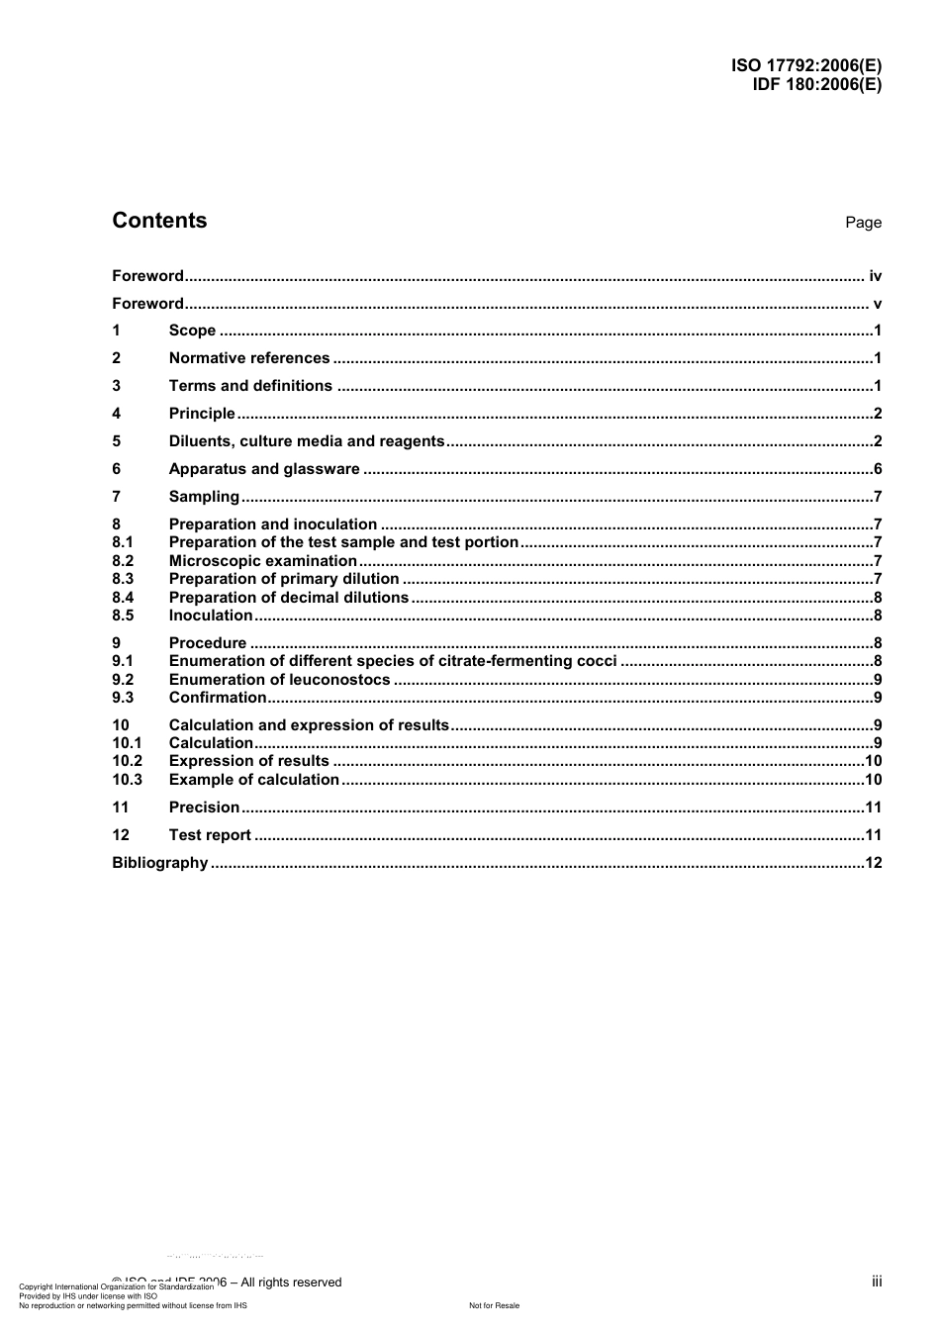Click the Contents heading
pos(159,221)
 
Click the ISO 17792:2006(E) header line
pos(806,66)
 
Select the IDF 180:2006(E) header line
pos(816,84)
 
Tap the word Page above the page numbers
pos(863,223)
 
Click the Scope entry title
pos(192,331)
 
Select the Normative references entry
pos(249,358)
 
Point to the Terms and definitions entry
pos(250,386)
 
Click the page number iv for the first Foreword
pos(875,276)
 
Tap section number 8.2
pos(123,561)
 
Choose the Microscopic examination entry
pos(262,561)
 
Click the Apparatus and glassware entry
pos(264,469)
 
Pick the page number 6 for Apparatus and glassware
pos(878,469)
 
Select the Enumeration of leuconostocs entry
pos(280,680)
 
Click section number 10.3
pos(127,780)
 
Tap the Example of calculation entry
pos(254,780)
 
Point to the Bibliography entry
pos(160,863)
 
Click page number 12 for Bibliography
pos(874,863)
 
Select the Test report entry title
pos(210,835)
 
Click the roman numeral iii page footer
pos(877,1282)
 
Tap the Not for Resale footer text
pos(494,1305)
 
